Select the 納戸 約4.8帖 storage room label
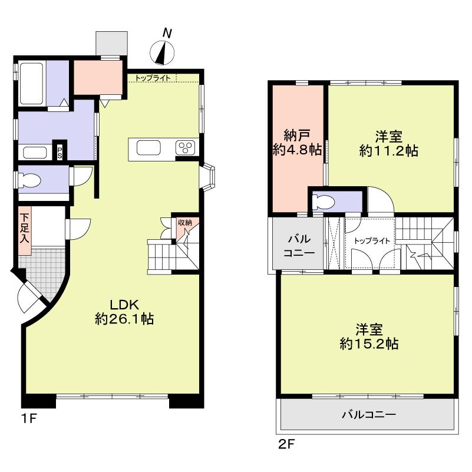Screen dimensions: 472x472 click(297, 141)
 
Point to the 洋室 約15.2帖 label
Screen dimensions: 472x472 click(369, 336)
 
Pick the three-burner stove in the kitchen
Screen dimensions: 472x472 click(187, 147)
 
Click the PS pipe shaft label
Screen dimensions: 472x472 click(60, 151)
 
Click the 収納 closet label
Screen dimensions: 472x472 click(184, 223)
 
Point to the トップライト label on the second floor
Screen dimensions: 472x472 click(372, 240)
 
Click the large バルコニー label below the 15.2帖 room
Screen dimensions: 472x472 click(368, 414)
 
